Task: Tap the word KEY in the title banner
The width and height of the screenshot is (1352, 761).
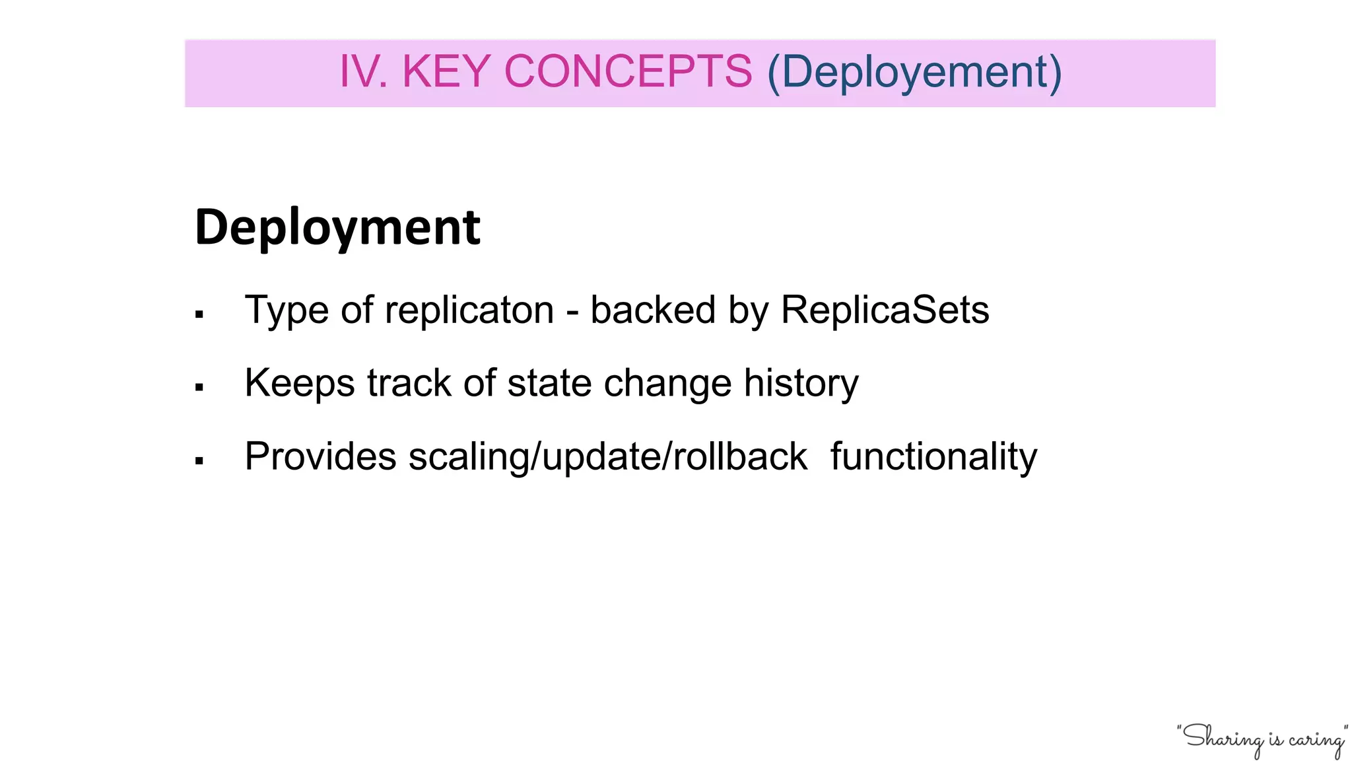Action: click(x=446, y=71)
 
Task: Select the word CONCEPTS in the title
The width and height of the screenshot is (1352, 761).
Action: click(x=628, y=71)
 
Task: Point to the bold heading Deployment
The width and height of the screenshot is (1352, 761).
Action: click(x=337, y=227)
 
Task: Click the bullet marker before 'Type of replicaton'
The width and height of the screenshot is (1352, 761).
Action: click(x=199, y=315)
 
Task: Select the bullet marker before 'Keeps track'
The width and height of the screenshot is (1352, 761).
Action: click(x=199, y=388)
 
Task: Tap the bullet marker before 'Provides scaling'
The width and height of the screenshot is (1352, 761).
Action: click(x=199, y=461)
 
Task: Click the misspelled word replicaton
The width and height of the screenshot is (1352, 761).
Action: click(x=469, y=310)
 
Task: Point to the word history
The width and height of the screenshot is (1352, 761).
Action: click(x=801, y=383)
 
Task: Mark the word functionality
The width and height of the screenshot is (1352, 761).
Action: click(x=933, y=457)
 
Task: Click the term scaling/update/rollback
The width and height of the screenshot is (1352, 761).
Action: click(x=607, y=457)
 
